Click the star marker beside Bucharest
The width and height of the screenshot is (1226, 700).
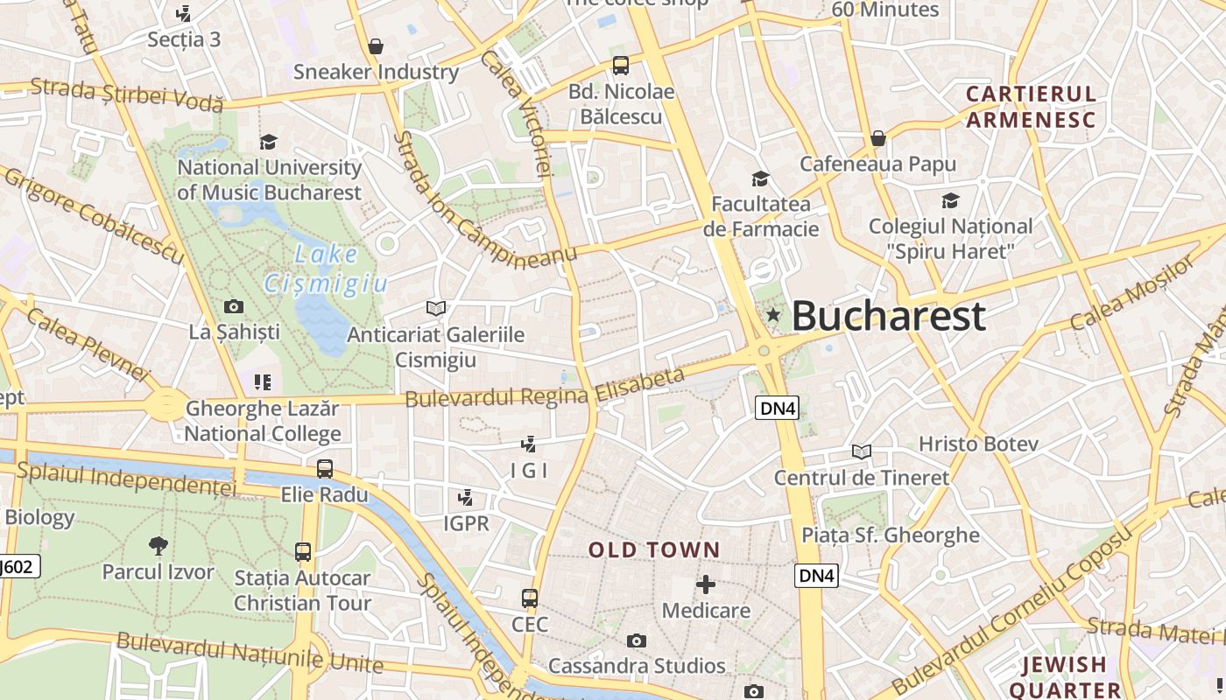[772, 315]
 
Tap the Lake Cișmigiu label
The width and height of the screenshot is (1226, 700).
[326, 269]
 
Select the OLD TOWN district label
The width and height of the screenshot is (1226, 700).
[654, 550]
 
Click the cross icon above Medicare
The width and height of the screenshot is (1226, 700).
[706, 584]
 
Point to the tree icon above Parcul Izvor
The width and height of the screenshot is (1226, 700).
[159, 546]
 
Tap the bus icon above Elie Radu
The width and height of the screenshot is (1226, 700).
[325, 468]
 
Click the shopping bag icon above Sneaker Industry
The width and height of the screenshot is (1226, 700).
[376, 46]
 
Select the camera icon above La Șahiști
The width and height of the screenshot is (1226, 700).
[234, 306]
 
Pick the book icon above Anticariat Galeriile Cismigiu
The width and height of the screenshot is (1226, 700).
[435, 308]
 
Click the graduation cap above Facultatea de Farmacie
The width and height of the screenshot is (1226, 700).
[760, 179]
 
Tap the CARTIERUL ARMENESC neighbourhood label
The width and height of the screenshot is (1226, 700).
[1031, 107]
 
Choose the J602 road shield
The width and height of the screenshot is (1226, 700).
[18, 566]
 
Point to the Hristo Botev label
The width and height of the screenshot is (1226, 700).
[978, 444]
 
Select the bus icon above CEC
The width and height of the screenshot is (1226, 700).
[530, 598]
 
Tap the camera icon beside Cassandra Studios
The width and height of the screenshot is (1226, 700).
[637, 641]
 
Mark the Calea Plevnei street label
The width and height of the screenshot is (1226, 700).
[88, 344]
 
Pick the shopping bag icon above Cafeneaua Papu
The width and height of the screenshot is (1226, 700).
[878, 138]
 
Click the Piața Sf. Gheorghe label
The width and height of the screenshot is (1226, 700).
[891, 535]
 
